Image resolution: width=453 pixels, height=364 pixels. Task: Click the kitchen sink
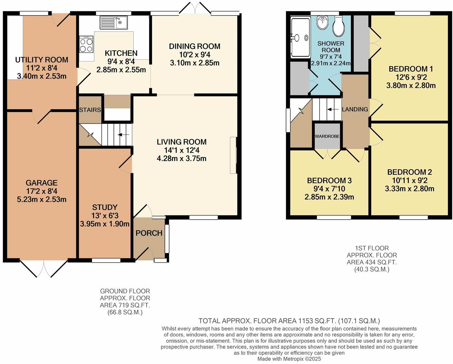(114, 23)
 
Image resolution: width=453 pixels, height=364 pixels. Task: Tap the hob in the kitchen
(86, 44)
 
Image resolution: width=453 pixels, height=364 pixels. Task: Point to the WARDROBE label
(327, 136)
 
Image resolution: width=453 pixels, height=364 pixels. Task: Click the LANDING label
(355, 109)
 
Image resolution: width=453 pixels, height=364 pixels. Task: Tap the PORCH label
(149, 233)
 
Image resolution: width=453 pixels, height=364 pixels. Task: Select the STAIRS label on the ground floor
(90, 110)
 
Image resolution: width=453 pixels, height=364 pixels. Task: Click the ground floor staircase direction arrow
(125, 135)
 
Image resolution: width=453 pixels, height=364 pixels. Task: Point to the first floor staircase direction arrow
(333, 109)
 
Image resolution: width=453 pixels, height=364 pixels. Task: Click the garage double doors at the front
(44, 268)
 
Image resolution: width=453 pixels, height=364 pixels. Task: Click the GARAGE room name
(41, 183)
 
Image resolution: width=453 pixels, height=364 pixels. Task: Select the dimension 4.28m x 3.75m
(181, 159)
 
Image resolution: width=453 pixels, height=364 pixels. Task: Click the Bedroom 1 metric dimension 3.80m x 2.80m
(411, 85)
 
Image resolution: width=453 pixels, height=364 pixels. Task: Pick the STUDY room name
(105, 207)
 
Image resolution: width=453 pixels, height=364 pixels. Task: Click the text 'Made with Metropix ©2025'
(289, 359)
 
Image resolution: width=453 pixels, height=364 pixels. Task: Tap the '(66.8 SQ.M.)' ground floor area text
(125, 312)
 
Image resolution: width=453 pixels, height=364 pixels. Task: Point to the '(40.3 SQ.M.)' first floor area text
(372, 270)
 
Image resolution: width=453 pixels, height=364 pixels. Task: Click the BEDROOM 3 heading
(329, 180)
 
